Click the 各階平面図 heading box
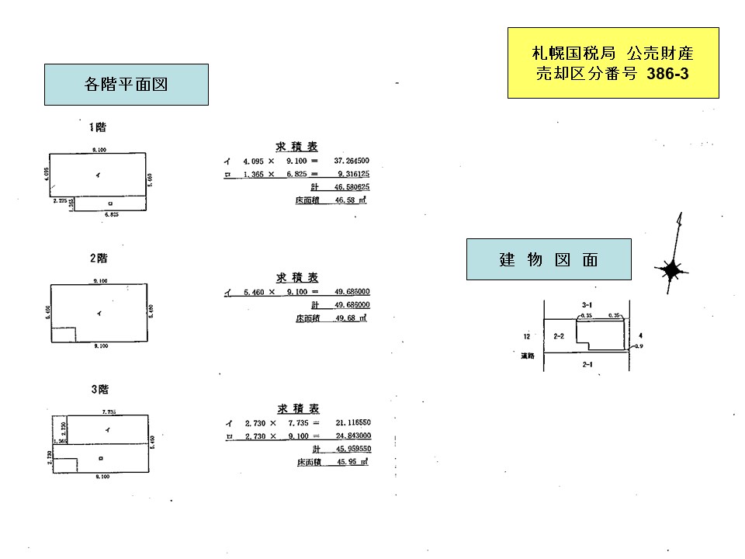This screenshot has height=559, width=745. (x=126, y=85)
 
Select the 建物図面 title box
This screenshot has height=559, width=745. (x=548, y=260)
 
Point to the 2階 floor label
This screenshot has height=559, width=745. (x=97, y=258)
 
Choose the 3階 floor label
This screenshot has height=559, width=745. (x=97, y=388)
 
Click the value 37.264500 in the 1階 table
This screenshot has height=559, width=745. (x=351, y=161)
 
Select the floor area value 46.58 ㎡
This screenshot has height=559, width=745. (x=350, y=200)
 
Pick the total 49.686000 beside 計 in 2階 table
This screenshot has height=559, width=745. (x=351, y=305)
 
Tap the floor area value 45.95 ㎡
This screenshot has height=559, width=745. (x=350, y=463)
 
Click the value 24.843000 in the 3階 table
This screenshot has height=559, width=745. (x=351, y=436)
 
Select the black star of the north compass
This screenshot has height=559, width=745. (x=670, y=270)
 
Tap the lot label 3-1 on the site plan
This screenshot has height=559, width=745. (x=587, y=306)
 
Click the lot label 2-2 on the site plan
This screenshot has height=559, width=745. (x=559, y=336)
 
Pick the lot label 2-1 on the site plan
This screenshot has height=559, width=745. (x=587, y=363)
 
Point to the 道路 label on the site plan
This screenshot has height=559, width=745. (x=528, y=356)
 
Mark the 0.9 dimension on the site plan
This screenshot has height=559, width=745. (x=639, y=346)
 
